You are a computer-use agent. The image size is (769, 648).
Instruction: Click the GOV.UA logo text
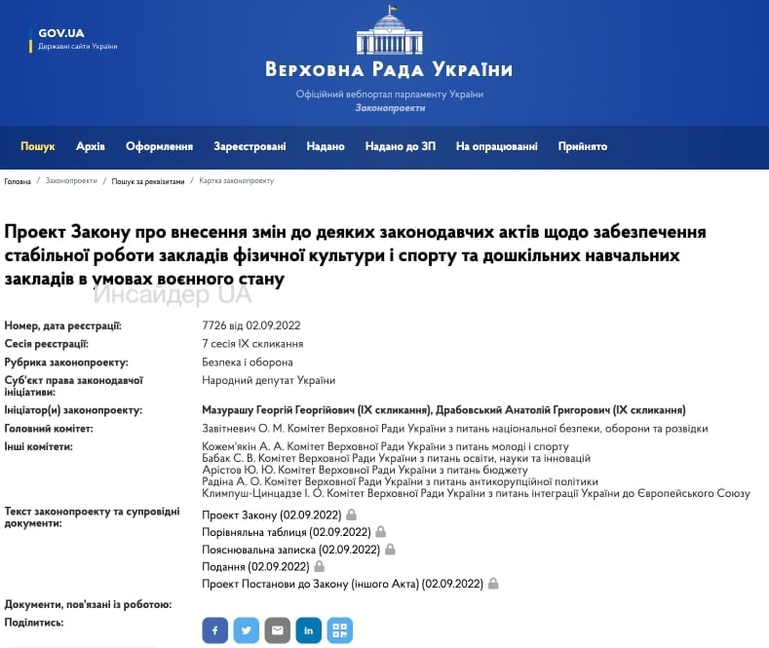click(x=61, y=33)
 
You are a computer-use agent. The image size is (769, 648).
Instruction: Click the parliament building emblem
click(x=389, y=30)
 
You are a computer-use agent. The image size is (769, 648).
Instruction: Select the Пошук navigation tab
click(x=38, y=146)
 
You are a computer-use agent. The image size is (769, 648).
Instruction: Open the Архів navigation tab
click(x=91, y=146)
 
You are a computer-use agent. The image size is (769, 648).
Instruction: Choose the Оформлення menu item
click(x=159, y=146)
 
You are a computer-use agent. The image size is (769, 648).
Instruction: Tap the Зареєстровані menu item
click(x=250, y=146)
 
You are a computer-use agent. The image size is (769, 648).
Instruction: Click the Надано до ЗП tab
click(x=400, y=146)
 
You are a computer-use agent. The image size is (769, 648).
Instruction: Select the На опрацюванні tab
click(x=496, y=146)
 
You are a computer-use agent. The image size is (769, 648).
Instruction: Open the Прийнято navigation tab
click(x=582, y=146)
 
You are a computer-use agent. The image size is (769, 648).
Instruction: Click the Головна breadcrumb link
click(x=18, y=181)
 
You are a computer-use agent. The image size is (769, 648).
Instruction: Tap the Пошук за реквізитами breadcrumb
click(x=147, y=181)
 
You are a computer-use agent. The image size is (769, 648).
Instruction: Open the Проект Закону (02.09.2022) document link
click(x=272, y=514)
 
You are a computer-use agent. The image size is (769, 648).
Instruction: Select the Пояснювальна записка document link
click(x=290, y=549)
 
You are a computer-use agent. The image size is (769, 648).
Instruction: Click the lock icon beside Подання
click(x=320, y=566)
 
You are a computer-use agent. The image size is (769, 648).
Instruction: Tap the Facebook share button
click(x=214, y=630)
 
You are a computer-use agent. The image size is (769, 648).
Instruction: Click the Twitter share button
click(x=246, y=630)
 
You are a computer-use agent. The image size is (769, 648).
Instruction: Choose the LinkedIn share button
click(x=308, y=630)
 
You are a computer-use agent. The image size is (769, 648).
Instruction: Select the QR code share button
click(x=339, y=630)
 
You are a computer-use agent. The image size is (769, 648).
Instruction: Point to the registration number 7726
click(x=213, y=326)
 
